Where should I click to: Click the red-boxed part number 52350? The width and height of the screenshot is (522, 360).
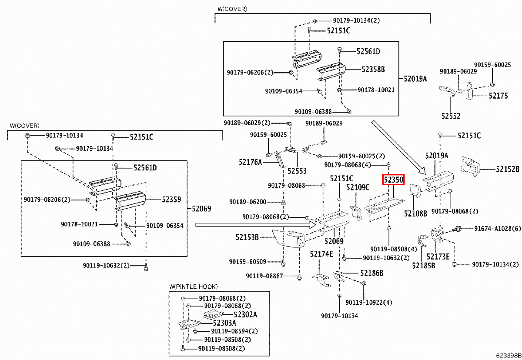[393, 179]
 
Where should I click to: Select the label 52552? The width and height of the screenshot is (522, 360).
[451, 116]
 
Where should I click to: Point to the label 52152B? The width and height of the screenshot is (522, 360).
[508, 169]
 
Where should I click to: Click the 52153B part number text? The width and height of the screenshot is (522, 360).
[248, 237]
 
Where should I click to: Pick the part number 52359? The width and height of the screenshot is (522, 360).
[171, 199]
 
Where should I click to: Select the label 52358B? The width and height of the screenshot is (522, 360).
[374, 69]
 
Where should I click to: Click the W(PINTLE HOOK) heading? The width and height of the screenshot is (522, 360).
[194, 287]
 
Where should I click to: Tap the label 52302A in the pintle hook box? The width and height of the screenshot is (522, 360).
[245, 314]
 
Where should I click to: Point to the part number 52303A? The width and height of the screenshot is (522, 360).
[224, 323]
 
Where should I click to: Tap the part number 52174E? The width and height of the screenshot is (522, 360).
[321, 253]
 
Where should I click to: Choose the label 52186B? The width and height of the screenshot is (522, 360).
[371, 273]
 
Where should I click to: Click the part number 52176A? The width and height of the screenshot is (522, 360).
[250, 162]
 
